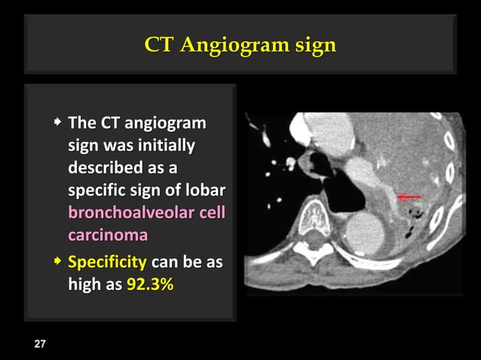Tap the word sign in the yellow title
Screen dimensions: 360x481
pos(316,46)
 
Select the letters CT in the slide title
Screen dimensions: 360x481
pos(160,46)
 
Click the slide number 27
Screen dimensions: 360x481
pos(39,344)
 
